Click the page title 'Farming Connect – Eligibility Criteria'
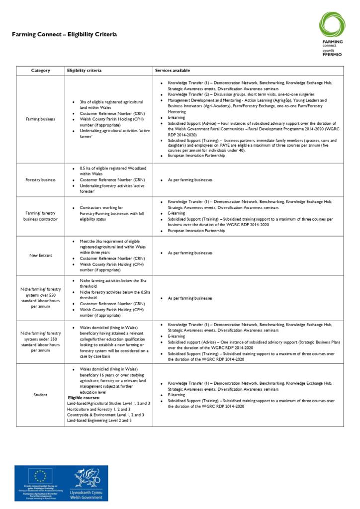pos(65,35)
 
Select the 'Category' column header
pos(40,71)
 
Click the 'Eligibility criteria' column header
pos(85,71)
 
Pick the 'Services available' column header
pos(172,71)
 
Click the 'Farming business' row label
pos(40,119)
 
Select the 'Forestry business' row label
pos(40,179)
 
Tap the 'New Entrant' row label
pos(40,255)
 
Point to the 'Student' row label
pos(40,395)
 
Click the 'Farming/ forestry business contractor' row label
pos(40,216)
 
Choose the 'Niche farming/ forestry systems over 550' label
pos(40,298)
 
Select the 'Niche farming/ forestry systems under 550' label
pos(40,341)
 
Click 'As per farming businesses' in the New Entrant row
pos(190,253)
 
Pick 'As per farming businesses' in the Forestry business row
pos(190,179)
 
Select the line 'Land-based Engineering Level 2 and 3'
pos(99,421)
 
